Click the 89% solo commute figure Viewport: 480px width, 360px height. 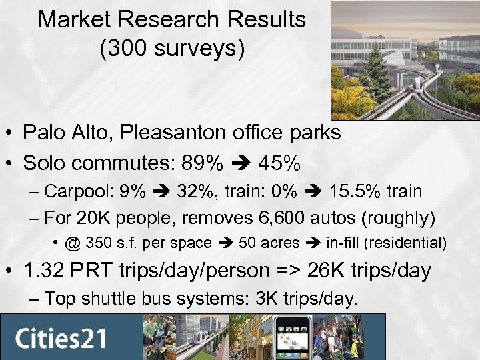[x=199, y=163]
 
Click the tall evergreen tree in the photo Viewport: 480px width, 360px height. [x=377, y=67]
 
